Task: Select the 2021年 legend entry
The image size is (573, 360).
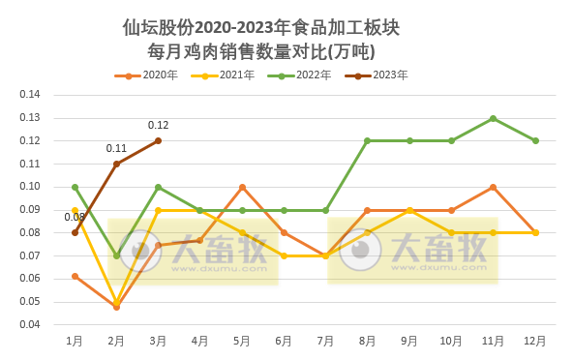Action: pyautogui.click(x=223, y=75)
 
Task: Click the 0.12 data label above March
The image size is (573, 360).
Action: pyautogui.click(x=158, y=125)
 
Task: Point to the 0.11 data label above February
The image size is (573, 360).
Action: pyautogui.click(x=116, y=148)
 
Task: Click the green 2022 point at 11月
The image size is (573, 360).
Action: pyautogui.click(x=493, y=118)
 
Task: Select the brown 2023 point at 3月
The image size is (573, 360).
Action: pyautogui.click(x=158, y=140)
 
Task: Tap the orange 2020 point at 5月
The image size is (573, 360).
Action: pyautogui.click(x=242, y=187)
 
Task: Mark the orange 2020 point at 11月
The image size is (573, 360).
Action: pyautogui.click(x=493, y=187)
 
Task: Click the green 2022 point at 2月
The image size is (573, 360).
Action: pyautogui.click(x=116, y=255)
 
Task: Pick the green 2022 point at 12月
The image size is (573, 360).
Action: pyautogui.click(x=535, y=140)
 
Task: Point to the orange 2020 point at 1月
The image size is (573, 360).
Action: pyautogui.click(x=75, y=276)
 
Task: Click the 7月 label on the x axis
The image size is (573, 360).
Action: pyautogui.click(x=325, y=341)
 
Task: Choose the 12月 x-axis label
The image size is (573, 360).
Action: pyautogui.click(x=535, y=341)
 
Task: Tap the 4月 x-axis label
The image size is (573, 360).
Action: pyautogui.click(x=200, y=341)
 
